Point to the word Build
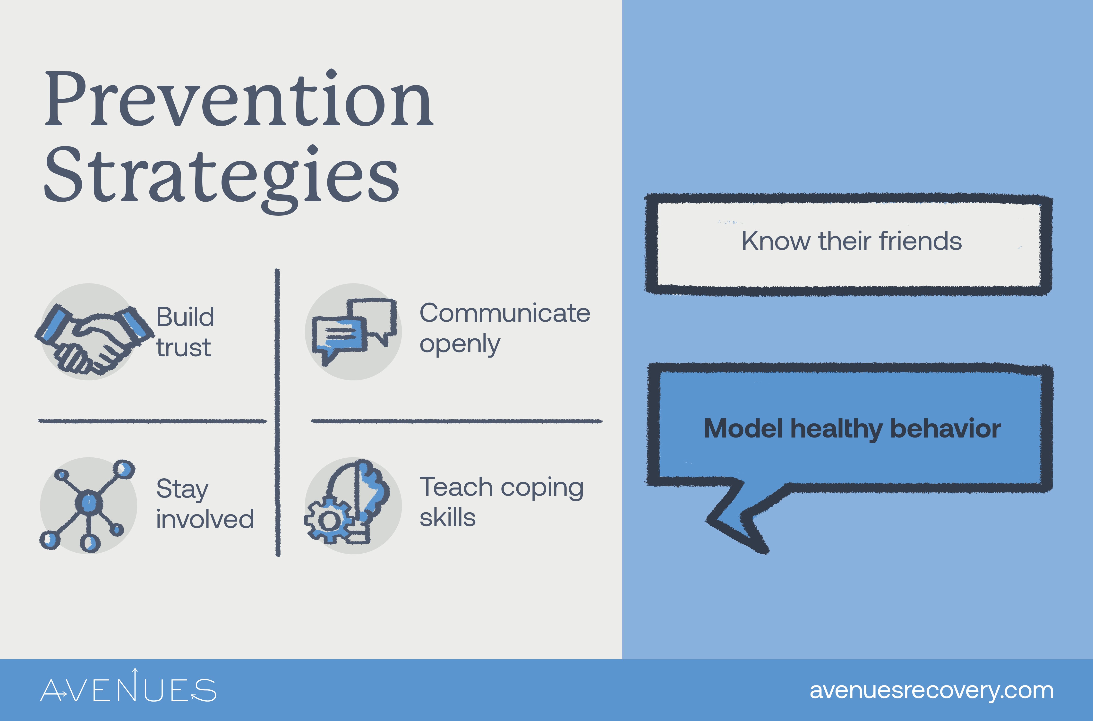click(x=185, y=317)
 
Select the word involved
click(x=205, y=519)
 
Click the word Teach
click(x=456, y=487)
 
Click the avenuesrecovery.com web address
click(x=931, y=691)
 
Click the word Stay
click(x=182, y=489)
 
